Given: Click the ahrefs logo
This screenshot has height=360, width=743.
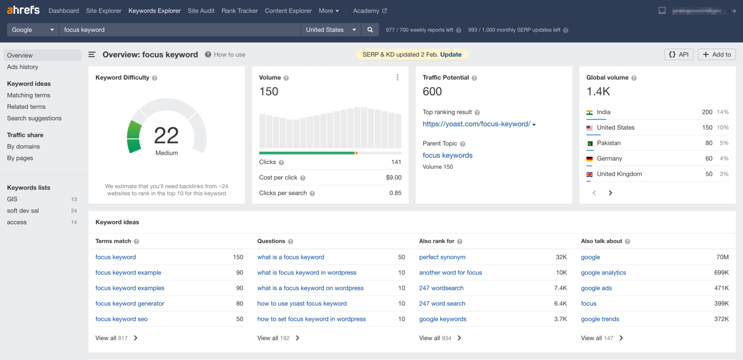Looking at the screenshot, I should tap(23, 10).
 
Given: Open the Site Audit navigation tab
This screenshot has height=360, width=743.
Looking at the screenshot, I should tap(201, 11).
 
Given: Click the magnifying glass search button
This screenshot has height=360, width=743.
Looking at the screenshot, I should tap(370, 30).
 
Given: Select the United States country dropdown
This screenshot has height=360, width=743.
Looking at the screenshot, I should tap(331, 30).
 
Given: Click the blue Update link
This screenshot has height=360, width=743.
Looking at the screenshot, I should tap(451, 55).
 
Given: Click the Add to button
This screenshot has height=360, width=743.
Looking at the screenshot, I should tap(716, 55).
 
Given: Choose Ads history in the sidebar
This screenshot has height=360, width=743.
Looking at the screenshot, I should tap(22, 67).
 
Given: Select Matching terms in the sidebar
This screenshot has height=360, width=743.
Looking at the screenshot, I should tap(29, 95).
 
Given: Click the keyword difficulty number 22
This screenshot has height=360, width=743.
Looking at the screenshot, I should tap(166, 136).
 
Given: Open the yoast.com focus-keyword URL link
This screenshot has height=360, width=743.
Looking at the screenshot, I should tap(476, 124).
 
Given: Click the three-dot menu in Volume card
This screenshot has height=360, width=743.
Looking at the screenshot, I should tap(398, 77).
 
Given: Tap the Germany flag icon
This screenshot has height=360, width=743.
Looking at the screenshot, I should tap(589, 159).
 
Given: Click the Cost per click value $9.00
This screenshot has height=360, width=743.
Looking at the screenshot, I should tap(393, 178).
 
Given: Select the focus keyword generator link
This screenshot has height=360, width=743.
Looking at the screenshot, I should tap(130, 303).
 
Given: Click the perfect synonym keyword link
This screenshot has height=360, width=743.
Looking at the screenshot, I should tap(442, 257).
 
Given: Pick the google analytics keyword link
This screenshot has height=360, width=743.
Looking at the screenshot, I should tap(603, 272).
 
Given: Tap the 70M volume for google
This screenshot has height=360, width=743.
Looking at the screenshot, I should tap(722, 257).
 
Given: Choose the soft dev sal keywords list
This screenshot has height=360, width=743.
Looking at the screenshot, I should tap(23, 210).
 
